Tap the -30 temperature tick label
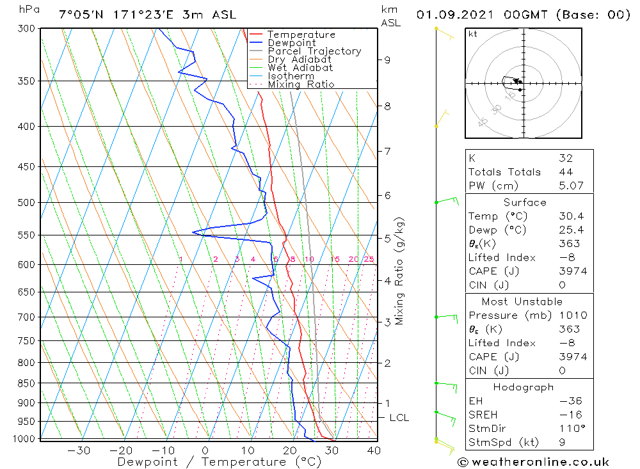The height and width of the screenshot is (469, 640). [79, 450]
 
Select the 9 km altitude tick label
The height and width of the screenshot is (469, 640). [387, 60]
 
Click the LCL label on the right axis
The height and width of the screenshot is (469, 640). [399, 418]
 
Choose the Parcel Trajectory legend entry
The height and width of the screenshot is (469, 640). [314, 51]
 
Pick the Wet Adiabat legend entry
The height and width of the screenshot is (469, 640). [300, 68]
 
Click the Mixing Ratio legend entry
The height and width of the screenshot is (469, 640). [301, 84]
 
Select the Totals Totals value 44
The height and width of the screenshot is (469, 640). [565, 172]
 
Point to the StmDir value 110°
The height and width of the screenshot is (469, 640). [571, 429]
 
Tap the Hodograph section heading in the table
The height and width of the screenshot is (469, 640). [524, 387]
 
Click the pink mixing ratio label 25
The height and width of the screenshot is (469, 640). [369, 259]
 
